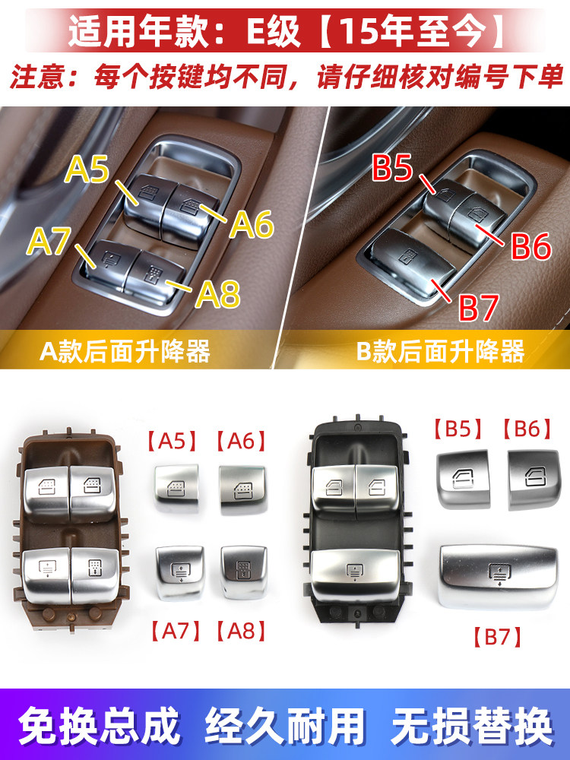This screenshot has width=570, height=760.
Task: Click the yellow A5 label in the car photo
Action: tap(87, 169)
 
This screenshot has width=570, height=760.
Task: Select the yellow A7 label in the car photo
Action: tap(49, 241)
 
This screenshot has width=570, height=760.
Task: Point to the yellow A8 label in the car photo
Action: tap(218, 294)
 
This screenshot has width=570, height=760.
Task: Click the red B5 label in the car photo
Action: tap(393, 168)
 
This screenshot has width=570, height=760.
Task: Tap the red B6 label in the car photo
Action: tap(531, 245)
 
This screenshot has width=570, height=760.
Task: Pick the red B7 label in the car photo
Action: tap(478, 307)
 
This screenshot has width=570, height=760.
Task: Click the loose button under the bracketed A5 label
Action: tap(177, 488)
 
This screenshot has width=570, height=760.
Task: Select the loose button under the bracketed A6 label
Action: tap(243, 489)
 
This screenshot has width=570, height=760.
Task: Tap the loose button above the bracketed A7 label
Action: tap(180, 572)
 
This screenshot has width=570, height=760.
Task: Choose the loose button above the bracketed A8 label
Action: tap(243, 572)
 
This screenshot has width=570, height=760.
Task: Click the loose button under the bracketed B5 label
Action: tap(464, 480)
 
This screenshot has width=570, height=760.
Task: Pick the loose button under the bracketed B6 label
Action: tap(534, 480)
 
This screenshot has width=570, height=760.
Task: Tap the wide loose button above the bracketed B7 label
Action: tap(499, 576)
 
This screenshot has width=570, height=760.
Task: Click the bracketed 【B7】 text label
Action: tap(498, 637)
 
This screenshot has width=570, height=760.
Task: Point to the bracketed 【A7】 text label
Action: tap(176, 631)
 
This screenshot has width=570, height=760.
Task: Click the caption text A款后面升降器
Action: tap(125, 351)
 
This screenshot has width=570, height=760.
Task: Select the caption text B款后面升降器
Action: tap(440, 351)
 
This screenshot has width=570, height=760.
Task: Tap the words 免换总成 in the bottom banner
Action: tap(100, 726)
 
